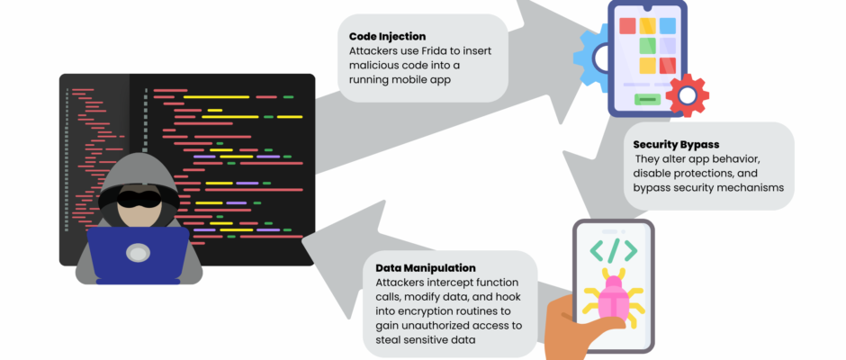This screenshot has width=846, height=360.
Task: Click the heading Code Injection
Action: click(387, 36)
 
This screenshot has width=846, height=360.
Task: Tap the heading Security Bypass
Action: click(676, 144)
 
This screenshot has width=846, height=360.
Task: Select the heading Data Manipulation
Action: click(425, 268)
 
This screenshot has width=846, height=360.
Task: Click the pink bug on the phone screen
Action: click(615, 297)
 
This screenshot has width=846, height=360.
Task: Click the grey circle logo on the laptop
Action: click(138, 254)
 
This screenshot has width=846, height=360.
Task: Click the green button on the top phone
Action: click(647, 100)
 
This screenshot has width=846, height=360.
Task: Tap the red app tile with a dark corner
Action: click(668, 66)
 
